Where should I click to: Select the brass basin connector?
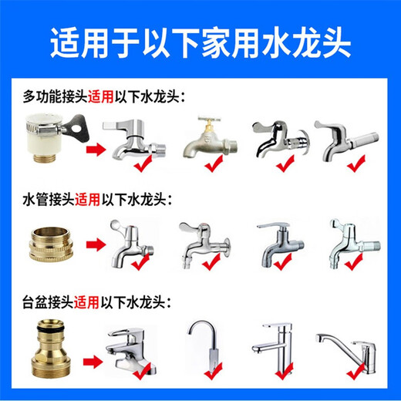pos(49,351)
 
